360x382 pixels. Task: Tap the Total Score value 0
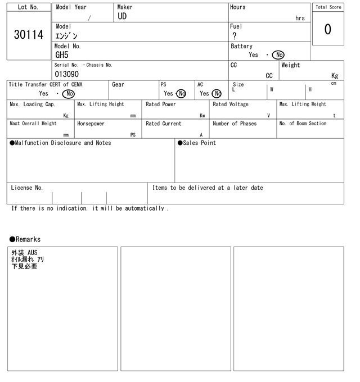click(x=327, y=29)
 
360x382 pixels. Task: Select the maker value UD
click(x=122, y=17)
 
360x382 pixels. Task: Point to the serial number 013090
click(x=66, y=74)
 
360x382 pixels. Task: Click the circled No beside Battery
click(x=278, y=55)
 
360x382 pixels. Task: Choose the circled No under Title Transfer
click(x=68, y=94)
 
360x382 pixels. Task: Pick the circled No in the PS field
click(x=181, y=94)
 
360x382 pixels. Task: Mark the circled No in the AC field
click(x=217, y=94)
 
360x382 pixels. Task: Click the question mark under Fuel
click(x=235, y=36)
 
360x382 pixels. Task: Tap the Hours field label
click(x=238, y=7)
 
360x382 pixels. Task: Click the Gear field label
click(x=118, y=84)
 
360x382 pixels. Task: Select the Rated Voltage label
click(x=231, y=104)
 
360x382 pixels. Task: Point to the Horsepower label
click(x=91, y=124)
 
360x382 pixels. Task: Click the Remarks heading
click(x=25, y=239)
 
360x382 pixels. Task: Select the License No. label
click(x=26, y=188)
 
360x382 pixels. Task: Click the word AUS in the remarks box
click(x=33, y=253)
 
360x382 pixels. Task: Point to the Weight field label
click(x=291, y=65)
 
